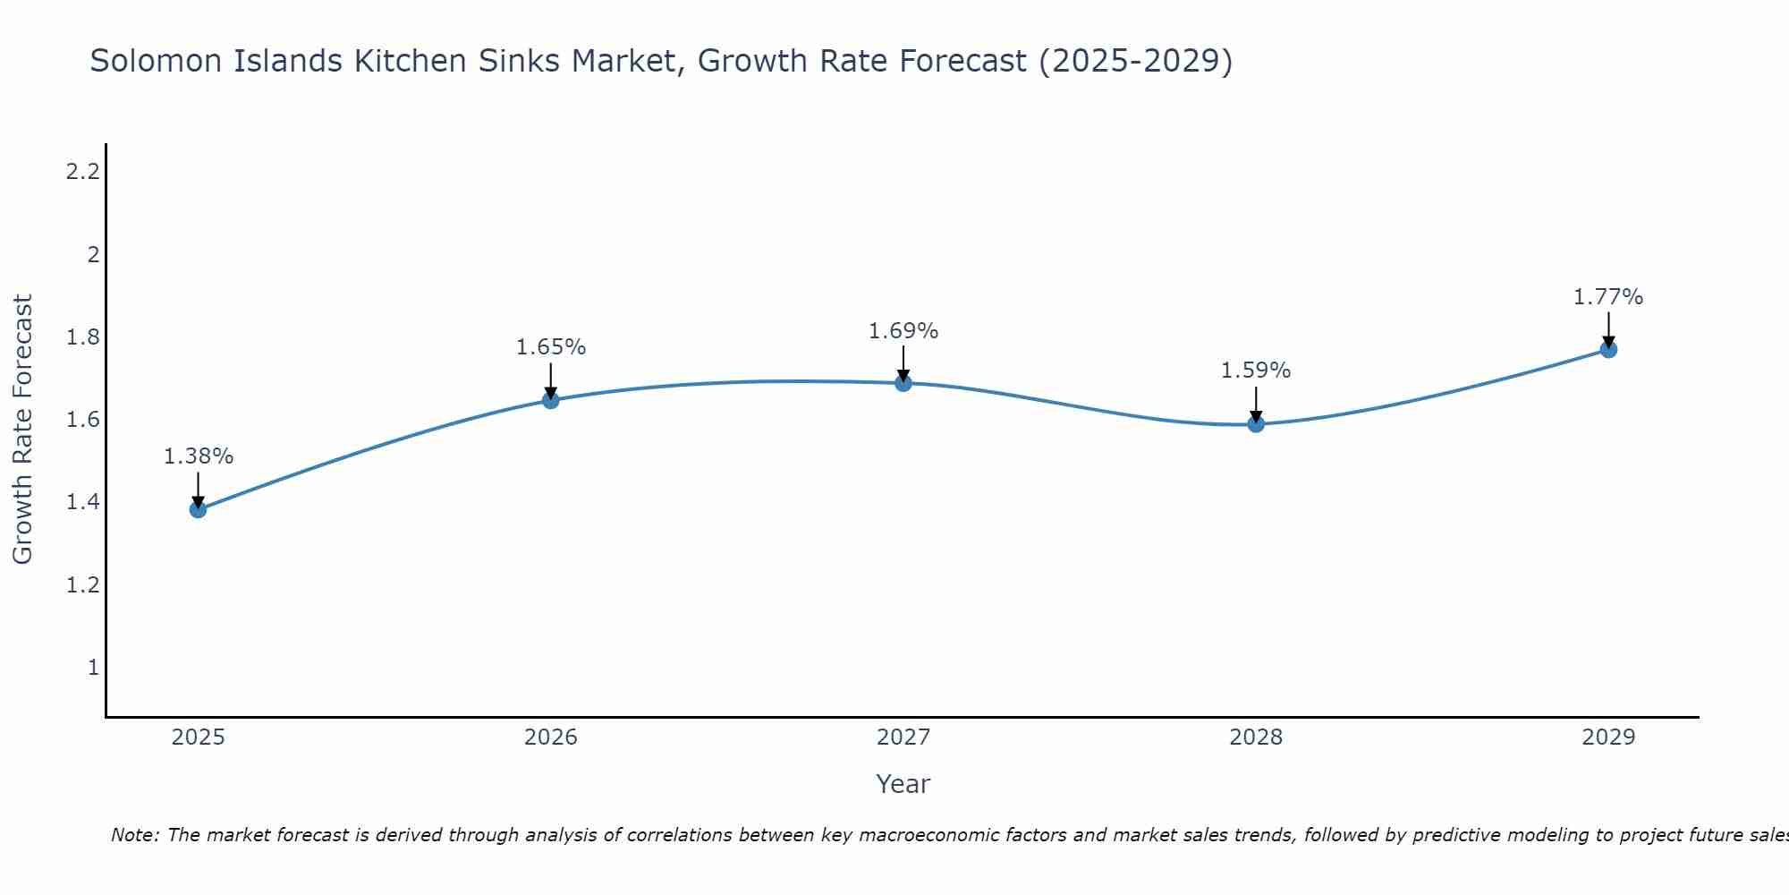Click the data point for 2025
(198, 509)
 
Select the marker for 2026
(551, 400)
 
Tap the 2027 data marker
(903, 383)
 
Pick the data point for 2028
(1256, 424)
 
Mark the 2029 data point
(1608, 349)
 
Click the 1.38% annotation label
(198, 456)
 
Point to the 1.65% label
(551, 347)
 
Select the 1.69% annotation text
(903, 331)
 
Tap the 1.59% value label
(1256, 371)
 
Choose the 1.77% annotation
(1608, 297)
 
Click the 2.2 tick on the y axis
(82, 172)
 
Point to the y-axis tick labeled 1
(93, 668)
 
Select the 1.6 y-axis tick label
(82, 420)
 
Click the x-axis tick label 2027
(903, 737)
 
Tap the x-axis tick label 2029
(1608, 737)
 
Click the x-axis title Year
(903, 784)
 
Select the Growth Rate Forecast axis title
(22, 430)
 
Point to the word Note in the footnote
(133, 835)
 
